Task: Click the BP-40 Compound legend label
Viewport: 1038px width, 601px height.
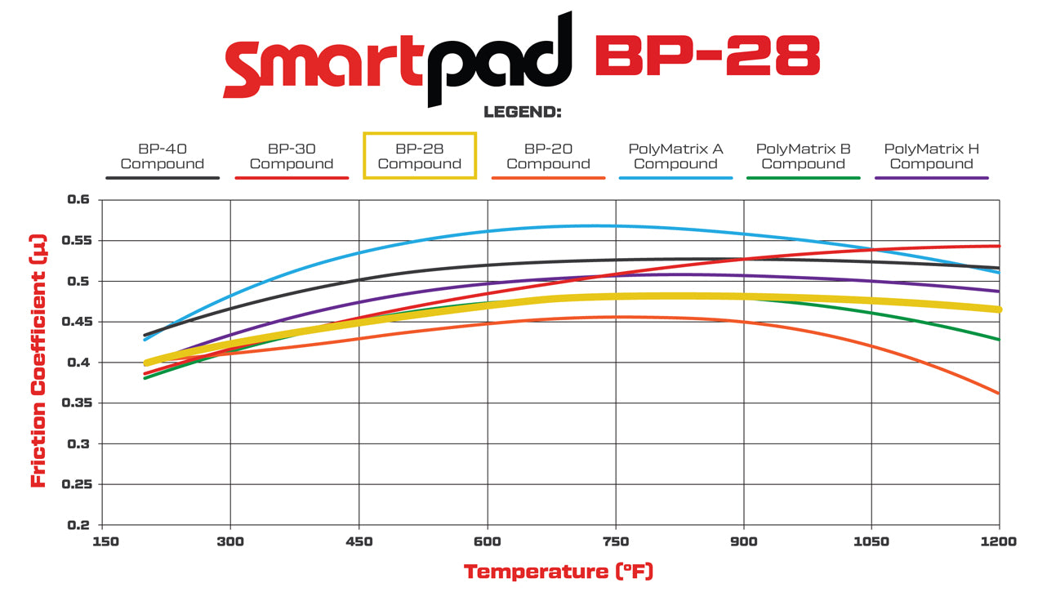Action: point(162,156)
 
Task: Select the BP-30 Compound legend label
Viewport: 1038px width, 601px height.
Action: point(291,156)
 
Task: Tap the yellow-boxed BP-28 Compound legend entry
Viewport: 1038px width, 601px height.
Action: point(419,156)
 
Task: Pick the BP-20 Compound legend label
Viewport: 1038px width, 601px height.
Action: point(548,156)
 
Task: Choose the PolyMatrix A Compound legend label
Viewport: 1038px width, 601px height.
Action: point(675,156)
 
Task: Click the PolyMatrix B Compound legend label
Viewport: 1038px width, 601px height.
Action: point(803,156)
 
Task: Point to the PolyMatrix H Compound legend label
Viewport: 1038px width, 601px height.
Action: point(931,156)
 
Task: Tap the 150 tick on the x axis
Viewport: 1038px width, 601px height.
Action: point(102,541)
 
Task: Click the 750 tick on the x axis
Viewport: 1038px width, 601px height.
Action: point(616,541)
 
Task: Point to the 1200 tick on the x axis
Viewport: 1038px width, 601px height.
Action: point(998,541)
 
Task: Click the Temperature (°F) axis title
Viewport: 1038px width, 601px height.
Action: point(559,571)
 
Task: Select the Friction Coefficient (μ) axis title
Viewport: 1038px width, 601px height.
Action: point(38,362)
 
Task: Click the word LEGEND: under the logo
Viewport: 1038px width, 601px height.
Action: point(523,112)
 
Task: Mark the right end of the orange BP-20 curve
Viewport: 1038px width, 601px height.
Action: point(999,394)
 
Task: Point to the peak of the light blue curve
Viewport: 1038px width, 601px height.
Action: point(596,225)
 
